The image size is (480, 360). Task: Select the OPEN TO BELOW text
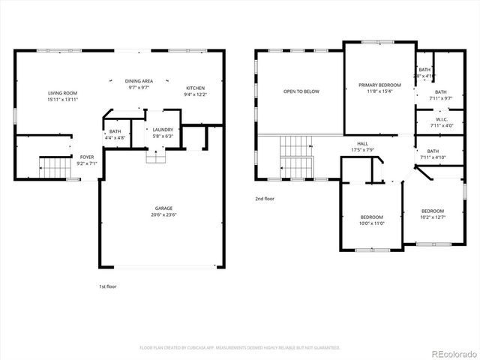coord(301,91)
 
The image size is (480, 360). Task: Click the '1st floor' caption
coord(107,286)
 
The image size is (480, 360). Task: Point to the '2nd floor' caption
coord(265,199)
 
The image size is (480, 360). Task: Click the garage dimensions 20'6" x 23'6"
coord(163,215)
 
